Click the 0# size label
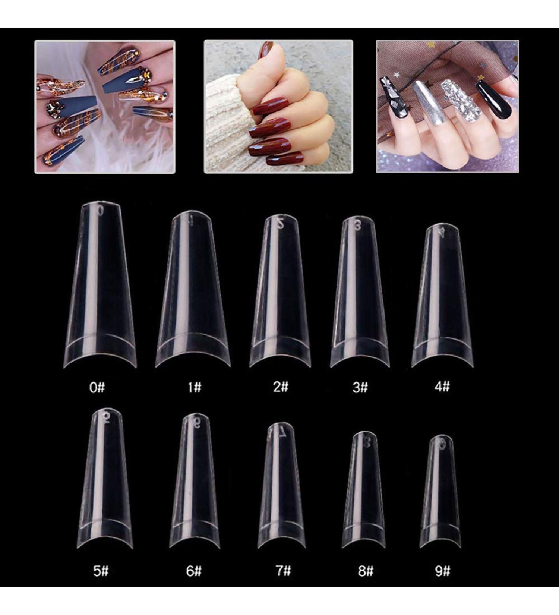pos(97,388)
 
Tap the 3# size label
pos(360,388)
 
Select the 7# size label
pos(283,571)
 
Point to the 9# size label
pos(443,571)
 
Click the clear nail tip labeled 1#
pos(193,291)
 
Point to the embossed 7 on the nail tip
pos(282,432)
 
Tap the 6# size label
pos(194,571)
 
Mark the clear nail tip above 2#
pos(280,294)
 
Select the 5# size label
pos(101,571)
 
